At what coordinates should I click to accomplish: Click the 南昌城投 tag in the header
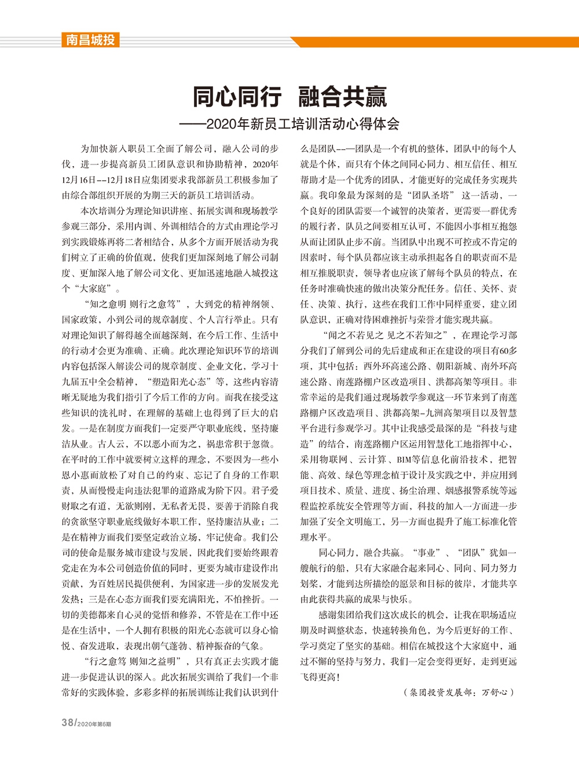pos(90,40)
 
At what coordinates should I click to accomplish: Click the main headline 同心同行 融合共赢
pos(289,96)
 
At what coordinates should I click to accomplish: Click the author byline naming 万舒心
pos(458,692)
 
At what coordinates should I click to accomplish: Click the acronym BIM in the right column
pos(404,460)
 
